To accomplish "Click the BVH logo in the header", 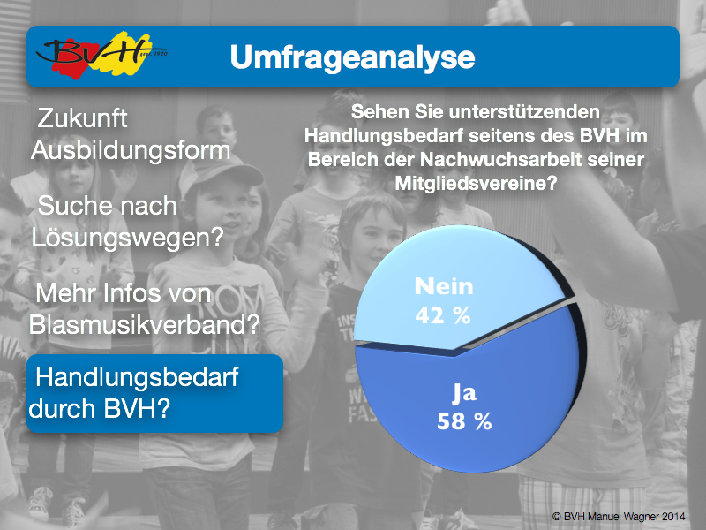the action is coord(101,55).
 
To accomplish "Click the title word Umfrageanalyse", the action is coord(352,57).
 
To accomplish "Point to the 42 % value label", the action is coord(443,315).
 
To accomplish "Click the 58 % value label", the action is coord(464,421).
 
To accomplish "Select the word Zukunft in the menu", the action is coord(82,118).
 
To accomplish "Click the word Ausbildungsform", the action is coord(131,150).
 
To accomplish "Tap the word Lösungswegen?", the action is coord(127,238).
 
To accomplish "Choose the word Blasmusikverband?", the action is coord(145,324).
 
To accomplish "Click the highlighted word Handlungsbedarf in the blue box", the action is coord(137,377).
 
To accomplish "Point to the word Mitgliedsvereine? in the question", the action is coord(476,184).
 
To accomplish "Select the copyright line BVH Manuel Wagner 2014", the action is coord(619,517).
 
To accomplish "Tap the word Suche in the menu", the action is coord(69,206).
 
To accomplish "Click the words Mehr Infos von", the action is coord(123,293).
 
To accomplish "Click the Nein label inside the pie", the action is coord(444,286).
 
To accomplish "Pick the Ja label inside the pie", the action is coord(464,393).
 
